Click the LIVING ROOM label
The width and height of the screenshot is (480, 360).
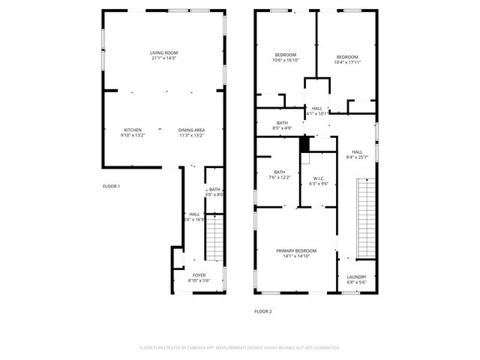164,52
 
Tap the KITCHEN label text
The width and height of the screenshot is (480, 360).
133,130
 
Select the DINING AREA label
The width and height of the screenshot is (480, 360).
192,130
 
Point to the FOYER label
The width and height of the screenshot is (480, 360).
199,275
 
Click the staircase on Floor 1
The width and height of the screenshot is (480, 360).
214,236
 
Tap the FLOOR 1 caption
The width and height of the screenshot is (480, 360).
111,186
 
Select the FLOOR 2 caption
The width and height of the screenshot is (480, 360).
262,311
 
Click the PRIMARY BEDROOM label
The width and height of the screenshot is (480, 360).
296,250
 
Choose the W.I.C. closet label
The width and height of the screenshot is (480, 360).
319,178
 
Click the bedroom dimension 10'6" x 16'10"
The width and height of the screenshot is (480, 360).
286,61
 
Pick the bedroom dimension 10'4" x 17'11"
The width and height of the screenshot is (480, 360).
346,62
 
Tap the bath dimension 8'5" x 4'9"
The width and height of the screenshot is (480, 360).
282,128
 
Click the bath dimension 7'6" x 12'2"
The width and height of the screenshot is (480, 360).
280,177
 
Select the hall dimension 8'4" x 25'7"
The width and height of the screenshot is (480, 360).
357,157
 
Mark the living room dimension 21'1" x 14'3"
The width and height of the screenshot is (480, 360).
164,58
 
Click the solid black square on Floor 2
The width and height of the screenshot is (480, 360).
304,143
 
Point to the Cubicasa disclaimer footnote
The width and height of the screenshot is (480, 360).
240,348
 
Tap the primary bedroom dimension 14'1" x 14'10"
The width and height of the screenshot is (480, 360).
296,256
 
